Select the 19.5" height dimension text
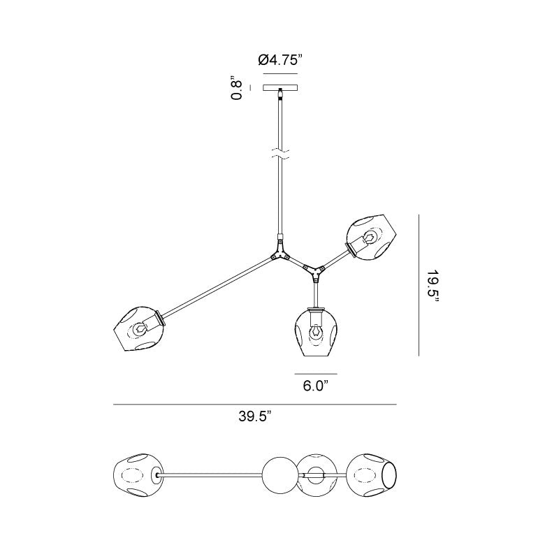[433, 285]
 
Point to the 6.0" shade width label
[316, 386]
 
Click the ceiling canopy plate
[281, 88]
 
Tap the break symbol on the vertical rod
[281, 154]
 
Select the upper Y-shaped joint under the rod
[280, 251]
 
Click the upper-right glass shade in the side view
[371, 237]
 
